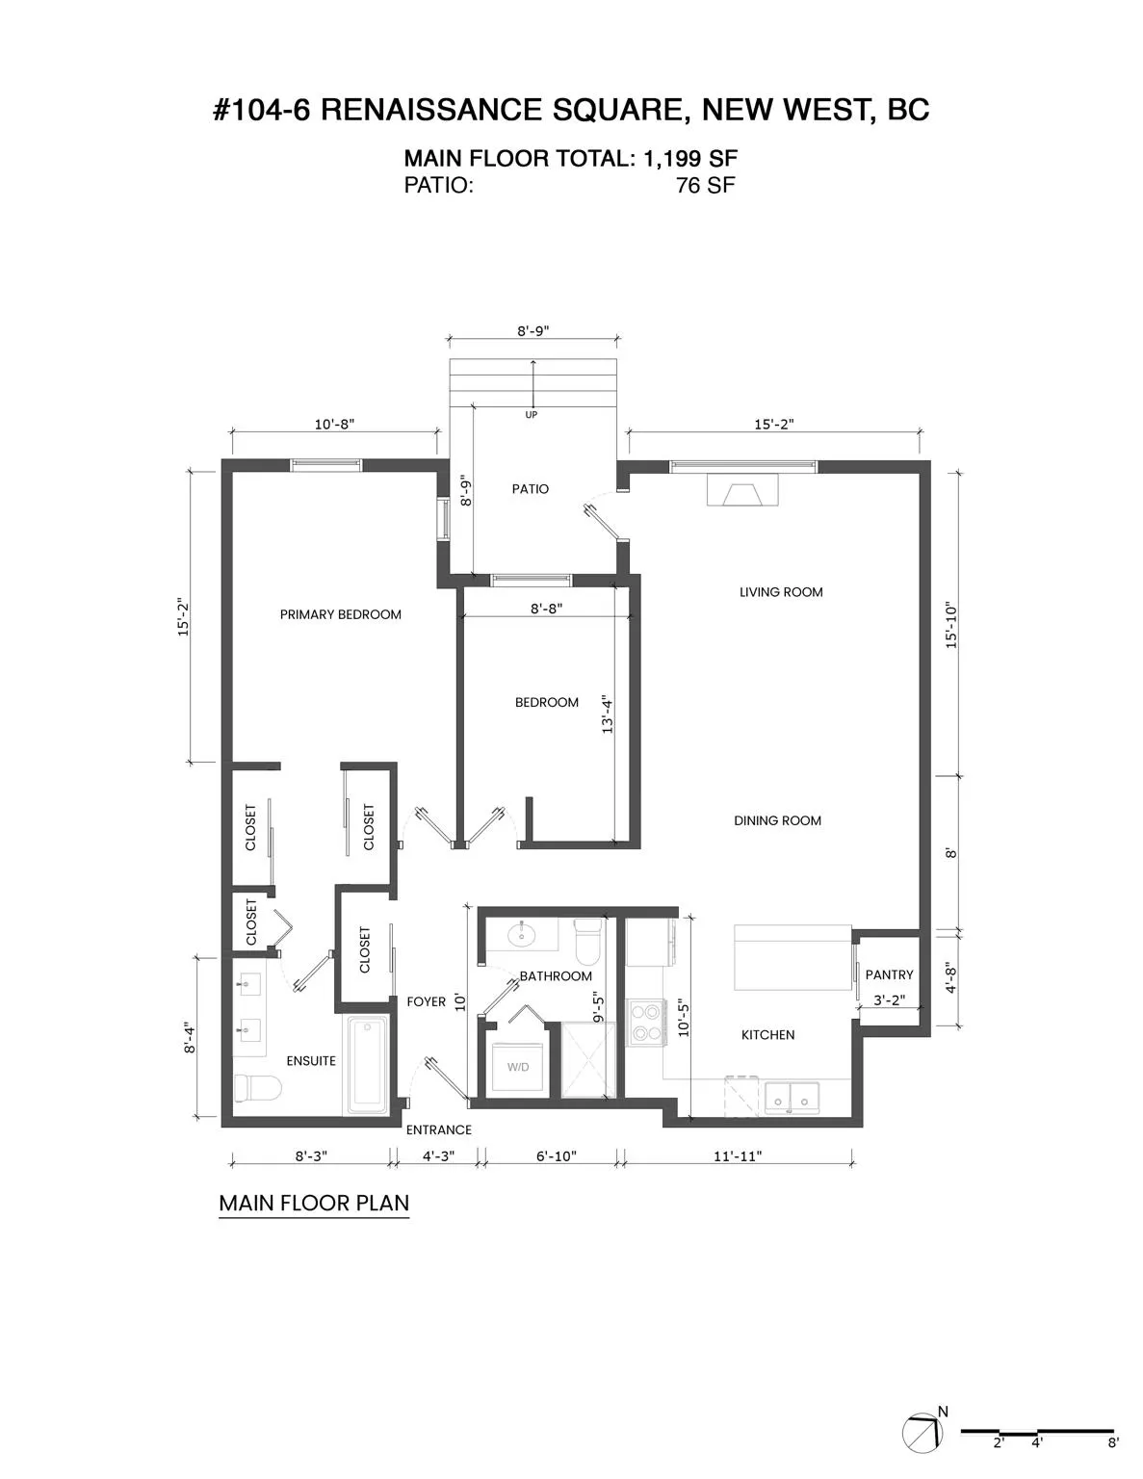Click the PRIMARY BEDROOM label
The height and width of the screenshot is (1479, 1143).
[340, 614]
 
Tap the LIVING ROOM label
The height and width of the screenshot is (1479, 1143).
[781, 592]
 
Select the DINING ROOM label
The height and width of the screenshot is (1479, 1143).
[777, 820]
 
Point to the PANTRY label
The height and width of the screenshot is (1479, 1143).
[889, 974]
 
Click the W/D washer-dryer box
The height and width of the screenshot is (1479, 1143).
[518, 1067]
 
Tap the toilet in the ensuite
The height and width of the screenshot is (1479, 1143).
[256, 1088]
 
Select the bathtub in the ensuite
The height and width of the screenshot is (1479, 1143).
[368, 1062]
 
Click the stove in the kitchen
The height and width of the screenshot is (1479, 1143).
[646, 1023]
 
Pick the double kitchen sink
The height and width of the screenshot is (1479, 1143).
[792, 1098]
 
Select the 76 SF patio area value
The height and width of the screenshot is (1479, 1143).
[705, 186]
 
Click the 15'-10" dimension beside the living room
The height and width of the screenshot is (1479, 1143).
[951, 625]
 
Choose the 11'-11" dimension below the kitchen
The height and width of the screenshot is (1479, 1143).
[738, 1155]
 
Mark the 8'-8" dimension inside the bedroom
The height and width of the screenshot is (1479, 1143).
[546, 609]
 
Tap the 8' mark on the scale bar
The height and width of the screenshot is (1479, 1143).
[1113, 1442]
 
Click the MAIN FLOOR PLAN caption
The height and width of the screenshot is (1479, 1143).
[314, 1203]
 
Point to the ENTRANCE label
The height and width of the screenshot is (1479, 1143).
[439, 1129]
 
